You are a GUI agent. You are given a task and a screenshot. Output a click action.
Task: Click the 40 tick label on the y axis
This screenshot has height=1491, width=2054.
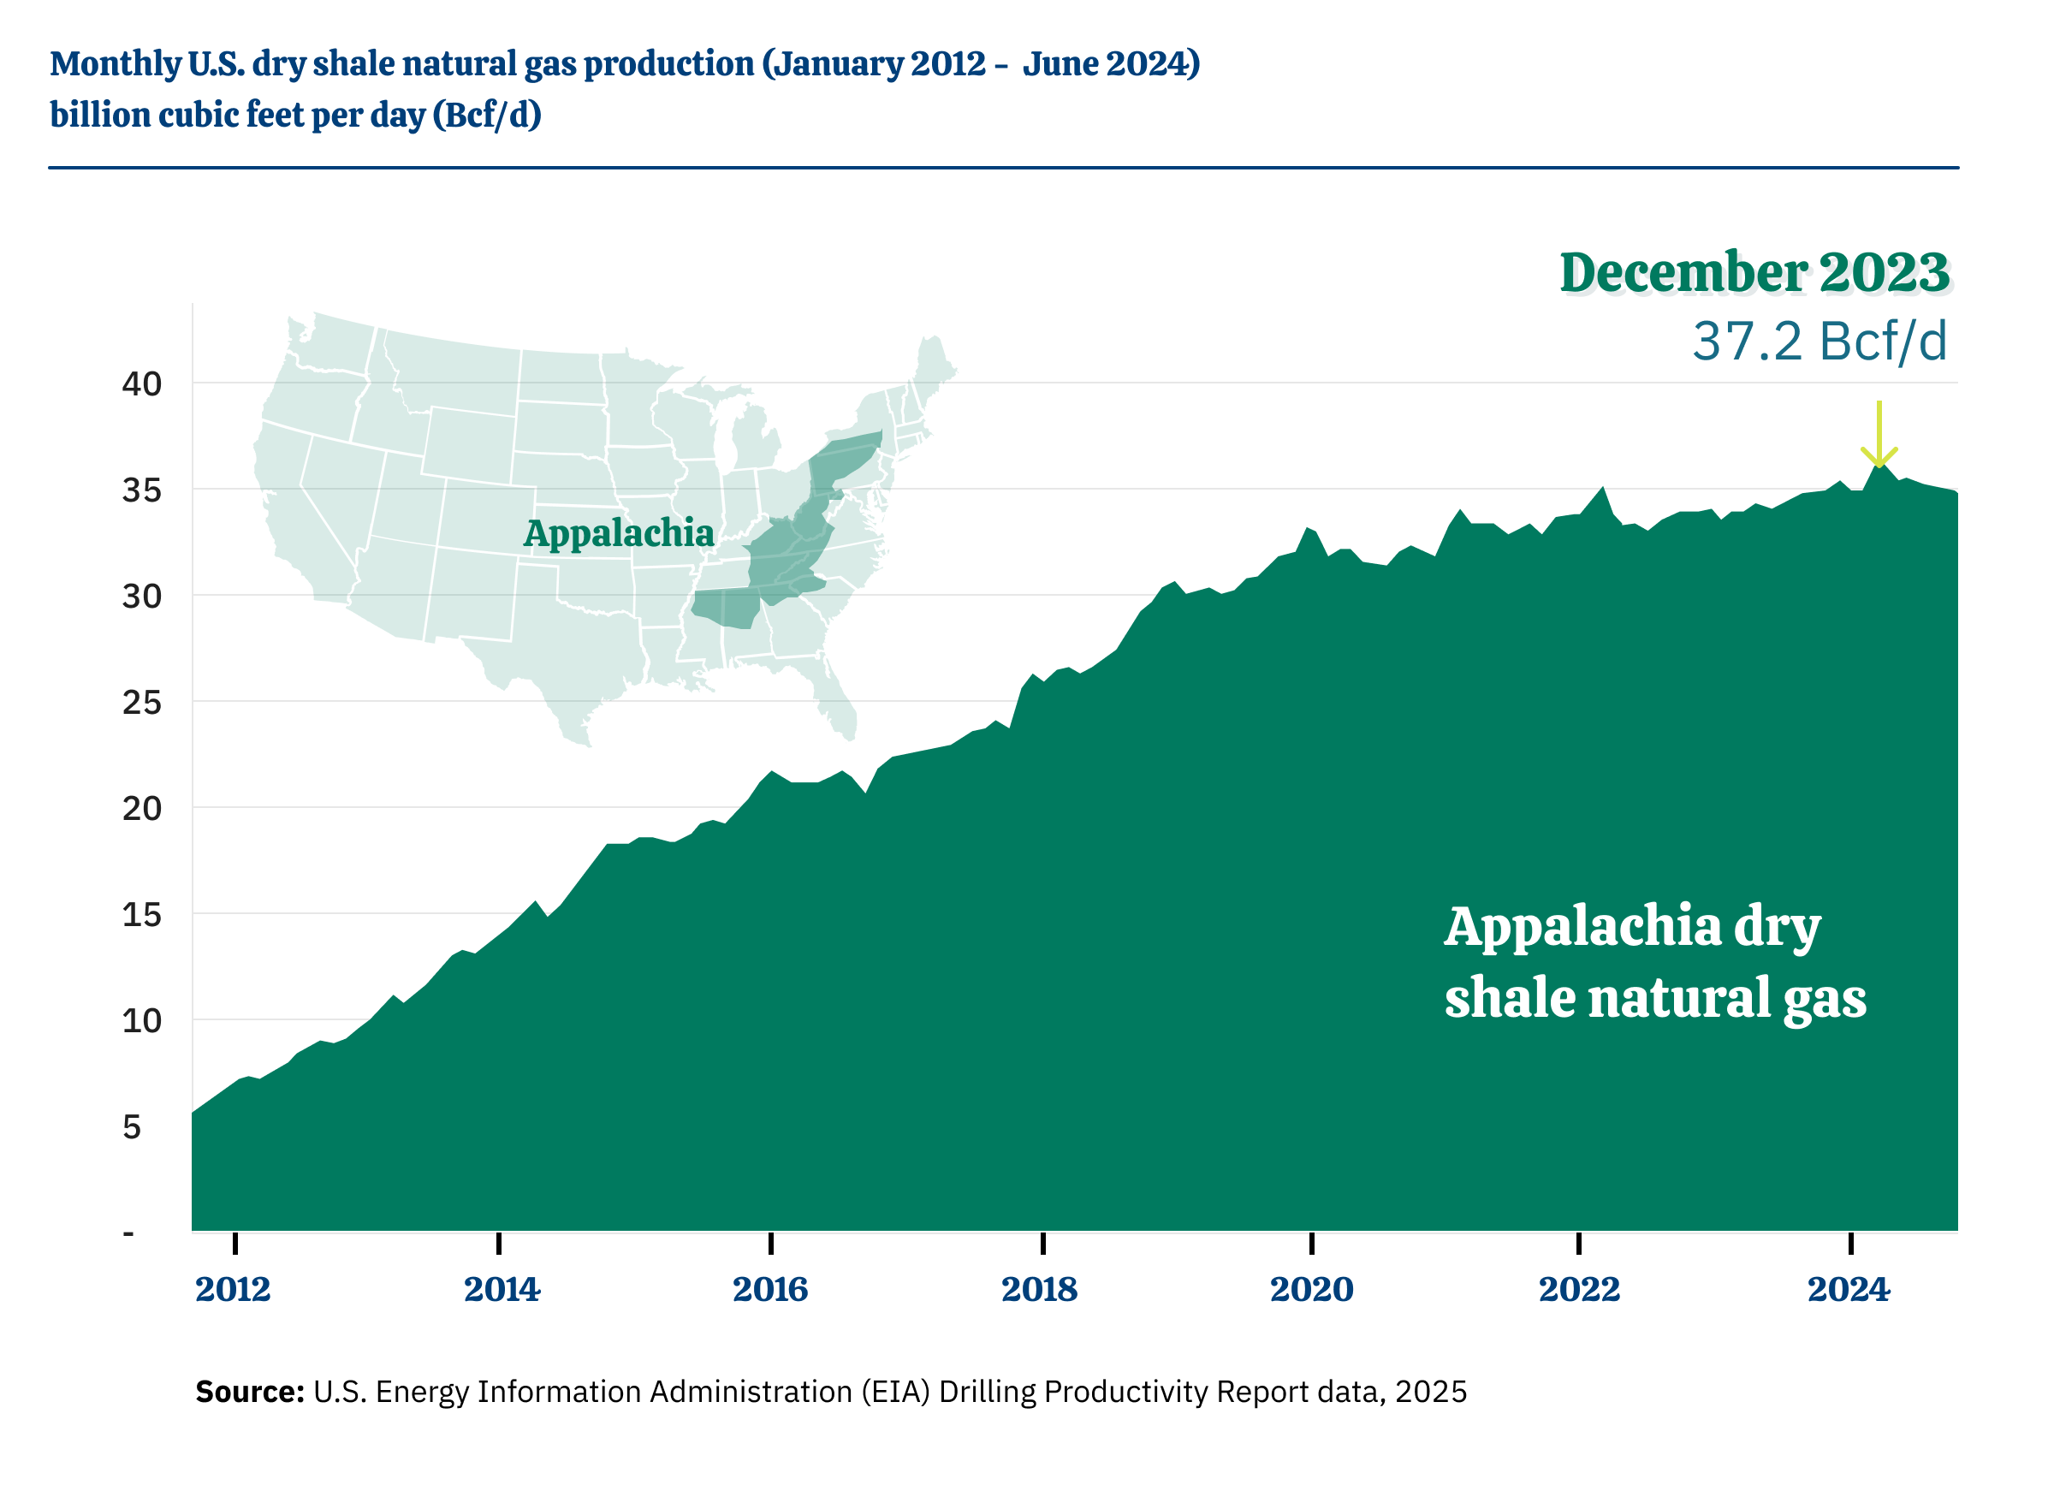point(142,384)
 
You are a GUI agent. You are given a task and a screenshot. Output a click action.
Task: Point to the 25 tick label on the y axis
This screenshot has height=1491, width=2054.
point(142,702)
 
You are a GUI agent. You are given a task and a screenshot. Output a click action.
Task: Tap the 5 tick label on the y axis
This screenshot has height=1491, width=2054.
point(132,1127)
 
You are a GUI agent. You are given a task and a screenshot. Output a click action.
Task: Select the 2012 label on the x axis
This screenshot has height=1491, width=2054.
point(233,1289)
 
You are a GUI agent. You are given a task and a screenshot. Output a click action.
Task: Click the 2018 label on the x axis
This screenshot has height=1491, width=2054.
point(1039,1289)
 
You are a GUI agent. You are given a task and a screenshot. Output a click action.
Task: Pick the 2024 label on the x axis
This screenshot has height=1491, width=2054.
point(1849,1289)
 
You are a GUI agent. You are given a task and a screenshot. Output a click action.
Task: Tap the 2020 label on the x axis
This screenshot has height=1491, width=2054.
point(1311,1289)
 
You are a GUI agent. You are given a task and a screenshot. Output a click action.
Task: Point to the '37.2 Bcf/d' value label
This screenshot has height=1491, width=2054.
point(1820,342)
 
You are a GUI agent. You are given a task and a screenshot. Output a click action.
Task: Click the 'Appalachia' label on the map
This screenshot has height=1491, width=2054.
point(619,533)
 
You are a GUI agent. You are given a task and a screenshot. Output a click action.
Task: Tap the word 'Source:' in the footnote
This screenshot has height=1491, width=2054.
point(249,1392)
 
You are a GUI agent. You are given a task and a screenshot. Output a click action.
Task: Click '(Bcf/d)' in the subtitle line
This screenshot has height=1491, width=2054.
point(487,115)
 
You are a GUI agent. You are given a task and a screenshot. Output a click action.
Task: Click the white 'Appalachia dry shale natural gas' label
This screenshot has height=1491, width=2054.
point(1654,962)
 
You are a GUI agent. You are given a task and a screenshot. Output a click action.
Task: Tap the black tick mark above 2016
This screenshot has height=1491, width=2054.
point(771,1243)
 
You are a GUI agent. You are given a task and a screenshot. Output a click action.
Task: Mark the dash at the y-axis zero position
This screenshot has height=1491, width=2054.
point(128,1233)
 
